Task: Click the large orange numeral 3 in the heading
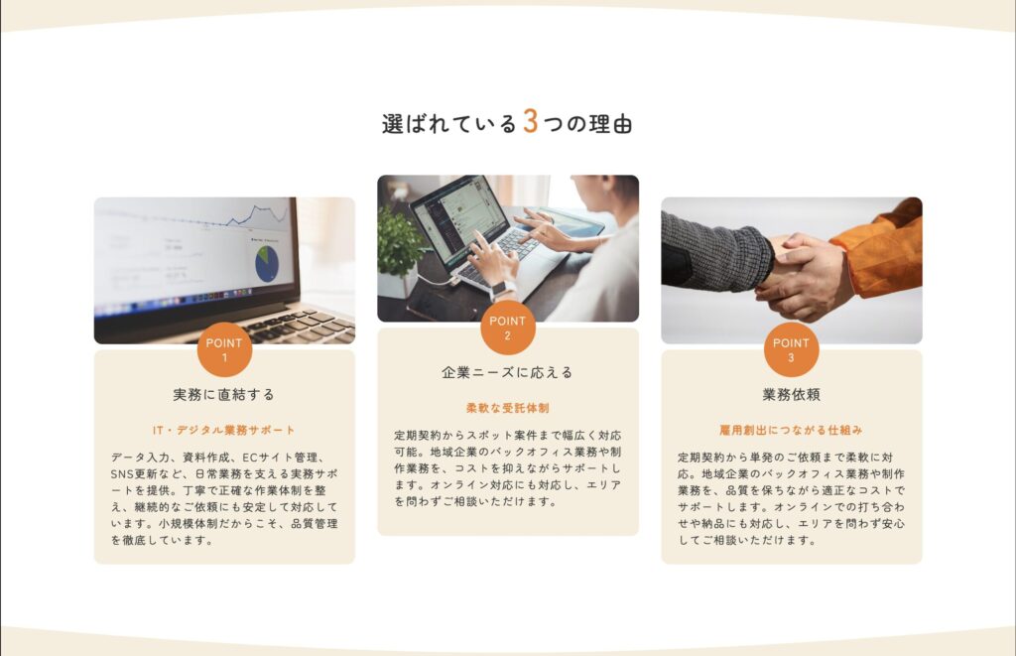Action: (x=530, y=121)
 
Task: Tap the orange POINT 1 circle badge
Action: (x=224, y=349)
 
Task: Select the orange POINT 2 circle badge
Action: (x=508, y=328)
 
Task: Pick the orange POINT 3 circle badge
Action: (x=791, y=349)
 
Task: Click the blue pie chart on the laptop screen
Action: (x=266, y=264)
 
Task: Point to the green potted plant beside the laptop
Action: (x=398, y=243)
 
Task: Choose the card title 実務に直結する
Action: (x=224, y=394)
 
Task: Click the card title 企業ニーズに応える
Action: (x=508, y=372)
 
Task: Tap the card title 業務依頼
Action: (x=791, y=394)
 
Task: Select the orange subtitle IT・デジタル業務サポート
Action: (x=224, y=430)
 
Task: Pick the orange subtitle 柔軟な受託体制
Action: (x=508, y=408)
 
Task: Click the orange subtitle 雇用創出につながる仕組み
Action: (x=791, y=430)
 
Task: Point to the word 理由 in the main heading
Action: (x=610, y=124)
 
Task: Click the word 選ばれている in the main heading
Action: (x=449, y=124)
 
